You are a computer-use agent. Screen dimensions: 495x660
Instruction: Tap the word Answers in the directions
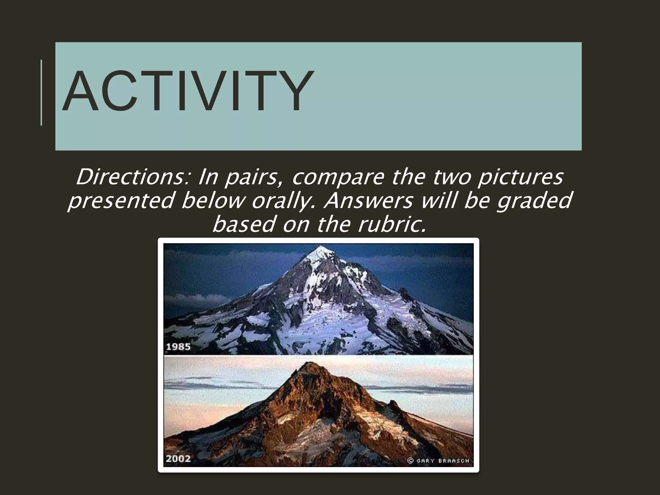[x=368, y=200]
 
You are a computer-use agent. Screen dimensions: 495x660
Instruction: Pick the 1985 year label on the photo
[x=178, y=347]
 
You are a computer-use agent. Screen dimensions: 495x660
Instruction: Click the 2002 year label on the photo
[x=178, y=458]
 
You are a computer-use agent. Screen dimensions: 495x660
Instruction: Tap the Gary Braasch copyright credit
[x=439, y=461]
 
